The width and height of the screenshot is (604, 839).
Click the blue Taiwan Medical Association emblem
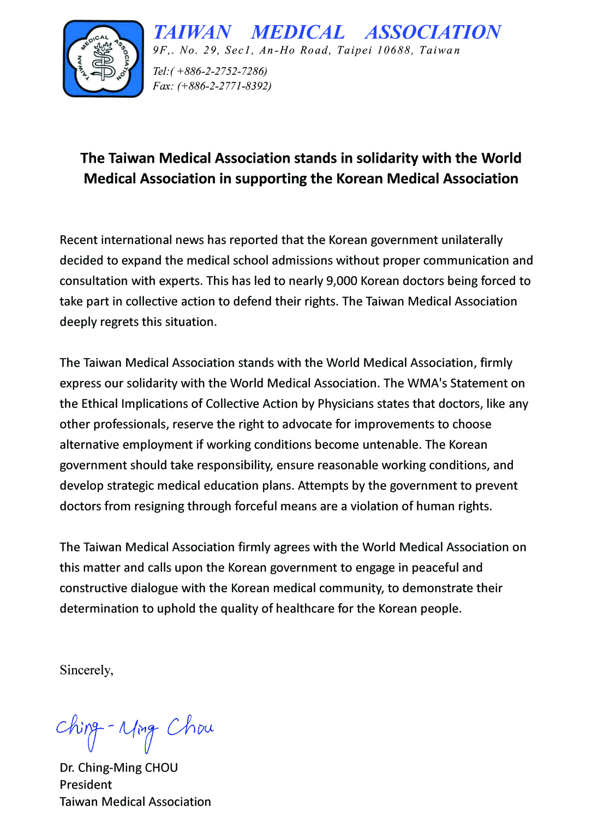103,59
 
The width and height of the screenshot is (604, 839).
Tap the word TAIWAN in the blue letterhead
192,32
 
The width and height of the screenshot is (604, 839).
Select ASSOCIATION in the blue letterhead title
433,32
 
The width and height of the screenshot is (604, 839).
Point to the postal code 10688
394,51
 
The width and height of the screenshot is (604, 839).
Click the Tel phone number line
210,72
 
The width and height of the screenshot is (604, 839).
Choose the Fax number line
212,86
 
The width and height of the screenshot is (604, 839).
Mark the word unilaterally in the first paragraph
471,240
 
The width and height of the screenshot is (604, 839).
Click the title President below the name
86,785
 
